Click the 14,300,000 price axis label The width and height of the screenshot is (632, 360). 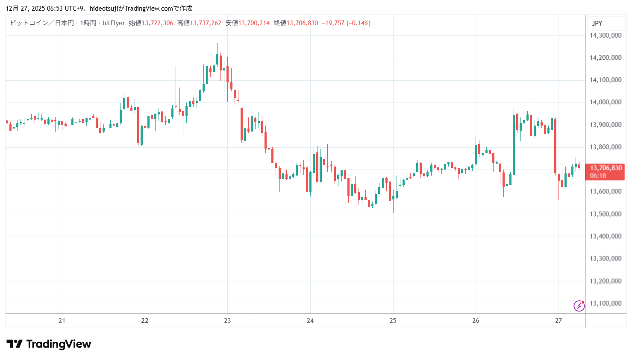[x=605, y=35]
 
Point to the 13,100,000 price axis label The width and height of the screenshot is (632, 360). [x=605, y=304]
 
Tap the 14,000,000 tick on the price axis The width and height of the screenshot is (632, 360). [x=605, y=102]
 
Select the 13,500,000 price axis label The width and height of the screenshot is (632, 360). [x=605, y=214]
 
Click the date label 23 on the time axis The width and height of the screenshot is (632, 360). [x=227, y=321]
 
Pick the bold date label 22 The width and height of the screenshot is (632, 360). [x=145, y=321]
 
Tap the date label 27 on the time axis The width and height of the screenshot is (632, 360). [x=558, y=321]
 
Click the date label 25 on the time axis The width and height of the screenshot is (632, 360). [x=393, y=321]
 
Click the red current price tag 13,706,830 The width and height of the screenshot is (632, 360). [x=605, y=172]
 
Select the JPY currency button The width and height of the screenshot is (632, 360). [x=597, y=23]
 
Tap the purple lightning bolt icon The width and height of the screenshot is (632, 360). [x=579, y=306]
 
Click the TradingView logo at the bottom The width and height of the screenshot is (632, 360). [x=49, y=344]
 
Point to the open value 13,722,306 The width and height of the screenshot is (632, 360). [x=157, y=23]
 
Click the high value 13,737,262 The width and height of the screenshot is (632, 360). [x=206, y=23]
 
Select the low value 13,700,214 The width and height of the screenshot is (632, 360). [x=254, y=23]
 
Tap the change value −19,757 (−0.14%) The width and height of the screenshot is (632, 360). [x=346, y=23]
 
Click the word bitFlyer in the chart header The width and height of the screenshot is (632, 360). [x=114, y=23]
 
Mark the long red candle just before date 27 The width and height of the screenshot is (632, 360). [x=555, y=145]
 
